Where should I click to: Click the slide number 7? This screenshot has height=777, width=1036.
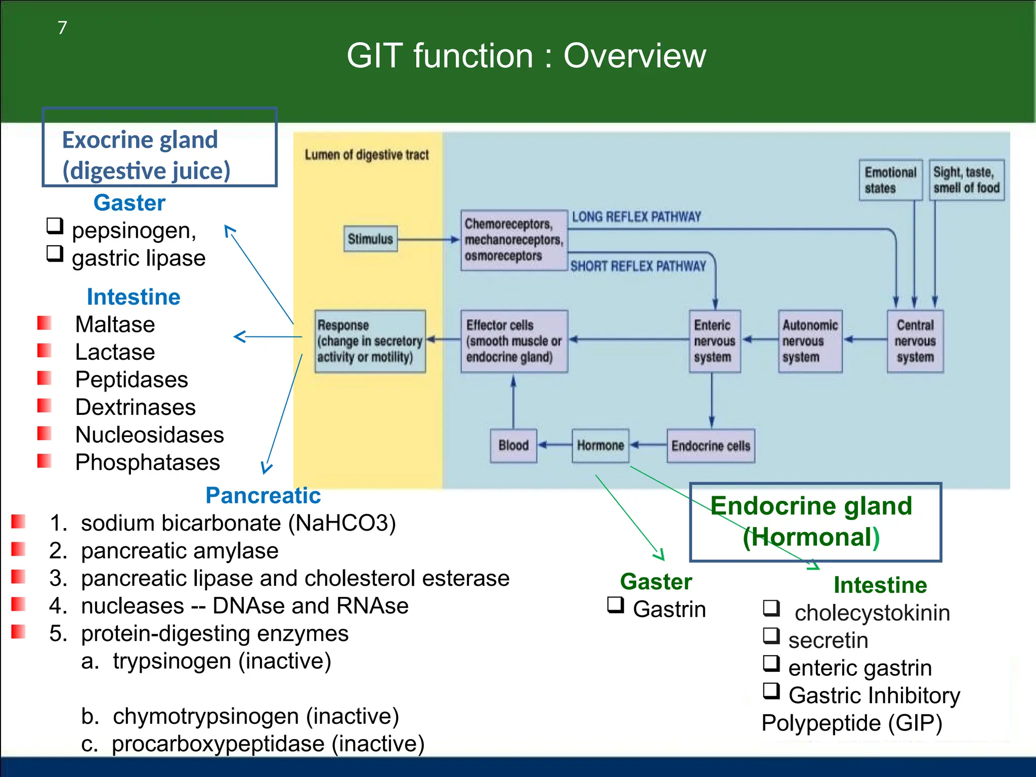click(62, 27)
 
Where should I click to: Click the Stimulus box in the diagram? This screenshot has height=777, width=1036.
click(370, 239)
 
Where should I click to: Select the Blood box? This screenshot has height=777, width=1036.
click(513, 446)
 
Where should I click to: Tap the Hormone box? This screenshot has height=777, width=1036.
click(600, 446)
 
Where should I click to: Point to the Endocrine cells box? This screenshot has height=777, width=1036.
click(711, 446)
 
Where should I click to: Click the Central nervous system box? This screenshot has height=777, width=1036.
click(915, 341)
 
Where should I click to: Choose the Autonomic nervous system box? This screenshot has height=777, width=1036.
click(810, 341)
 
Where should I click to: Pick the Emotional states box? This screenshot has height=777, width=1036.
click(890, 180)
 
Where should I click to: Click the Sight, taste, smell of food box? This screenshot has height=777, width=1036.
click(966, 180)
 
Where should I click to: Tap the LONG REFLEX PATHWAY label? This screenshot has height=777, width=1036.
click(636, 217)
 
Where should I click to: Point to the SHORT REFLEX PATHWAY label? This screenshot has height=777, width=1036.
click(638, 266)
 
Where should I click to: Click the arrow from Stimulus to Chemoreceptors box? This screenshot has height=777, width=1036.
click(428, 239)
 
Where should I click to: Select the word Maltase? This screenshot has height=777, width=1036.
click(115, 324)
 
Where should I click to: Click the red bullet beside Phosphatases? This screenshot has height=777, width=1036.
click(45, 461)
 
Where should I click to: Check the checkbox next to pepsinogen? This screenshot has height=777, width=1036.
click(55, 226)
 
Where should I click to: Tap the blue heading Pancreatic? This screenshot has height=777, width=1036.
click(263, 495)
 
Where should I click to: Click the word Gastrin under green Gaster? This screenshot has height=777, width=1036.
click(669, 609)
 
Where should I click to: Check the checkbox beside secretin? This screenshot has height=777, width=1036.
click(771, 635)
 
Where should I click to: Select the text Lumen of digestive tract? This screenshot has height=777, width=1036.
click(366, 155)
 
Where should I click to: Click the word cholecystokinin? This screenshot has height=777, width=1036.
click(872, 613)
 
